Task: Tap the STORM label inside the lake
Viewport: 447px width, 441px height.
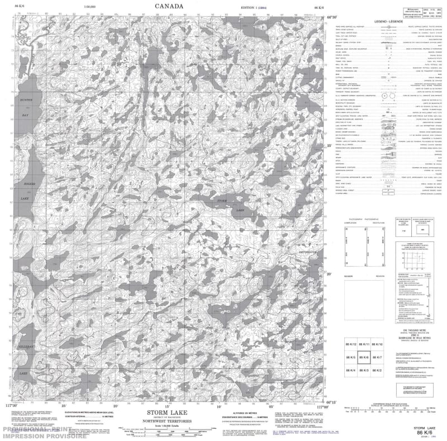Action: pyautogui.click(x=222, y=200)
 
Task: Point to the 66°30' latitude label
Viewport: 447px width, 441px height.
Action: pyautogui.click(x=331, y=17)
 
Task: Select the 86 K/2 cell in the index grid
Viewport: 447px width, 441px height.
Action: pyautogui.click(x=377, y=371)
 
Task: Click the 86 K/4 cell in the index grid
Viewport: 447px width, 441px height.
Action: pyautogui.click(x=351, y=371)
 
